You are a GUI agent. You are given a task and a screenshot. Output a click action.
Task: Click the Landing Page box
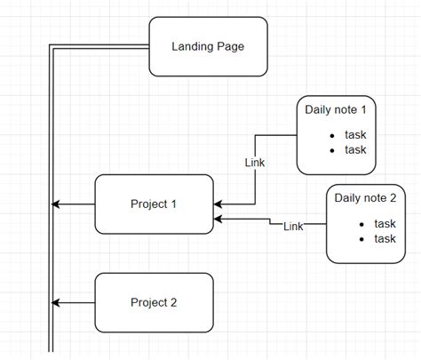coord(208,46)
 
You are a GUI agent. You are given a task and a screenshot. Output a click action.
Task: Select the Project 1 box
coord(154,204)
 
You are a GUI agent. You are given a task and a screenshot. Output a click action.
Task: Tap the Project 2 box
coord(154,302)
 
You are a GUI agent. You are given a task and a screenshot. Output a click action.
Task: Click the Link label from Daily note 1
coord(255,163)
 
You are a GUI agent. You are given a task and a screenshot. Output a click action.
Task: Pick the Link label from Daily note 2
coord(293,227)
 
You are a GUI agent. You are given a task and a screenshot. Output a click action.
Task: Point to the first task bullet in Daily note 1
coord(331,136)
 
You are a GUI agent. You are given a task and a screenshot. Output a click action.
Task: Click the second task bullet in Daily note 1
coord(331,150)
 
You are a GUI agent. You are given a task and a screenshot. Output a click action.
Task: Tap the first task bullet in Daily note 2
coord(361,224)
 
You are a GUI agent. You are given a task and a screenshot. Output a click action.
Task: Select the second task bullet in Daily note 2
coord(361,238)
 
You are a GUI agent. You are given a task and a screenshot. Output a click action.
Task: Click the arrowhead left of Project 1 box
coord(58,204)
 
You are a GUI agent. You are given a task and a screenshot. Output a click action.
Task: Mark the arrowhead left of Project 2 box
coord(58,303)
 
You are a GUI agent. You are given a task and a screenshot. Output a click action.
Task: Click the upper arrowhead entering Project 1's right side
coord(218,203)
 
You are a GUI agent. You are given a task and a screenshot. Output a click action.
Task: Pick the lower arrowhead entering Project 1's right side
coord(218,218)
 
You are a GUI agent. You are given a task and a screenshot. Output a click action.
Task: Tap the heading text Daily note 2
coord(372,197)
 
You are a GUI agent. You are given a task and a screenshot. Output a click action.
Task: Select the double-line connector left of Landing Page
coord(98,48)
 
